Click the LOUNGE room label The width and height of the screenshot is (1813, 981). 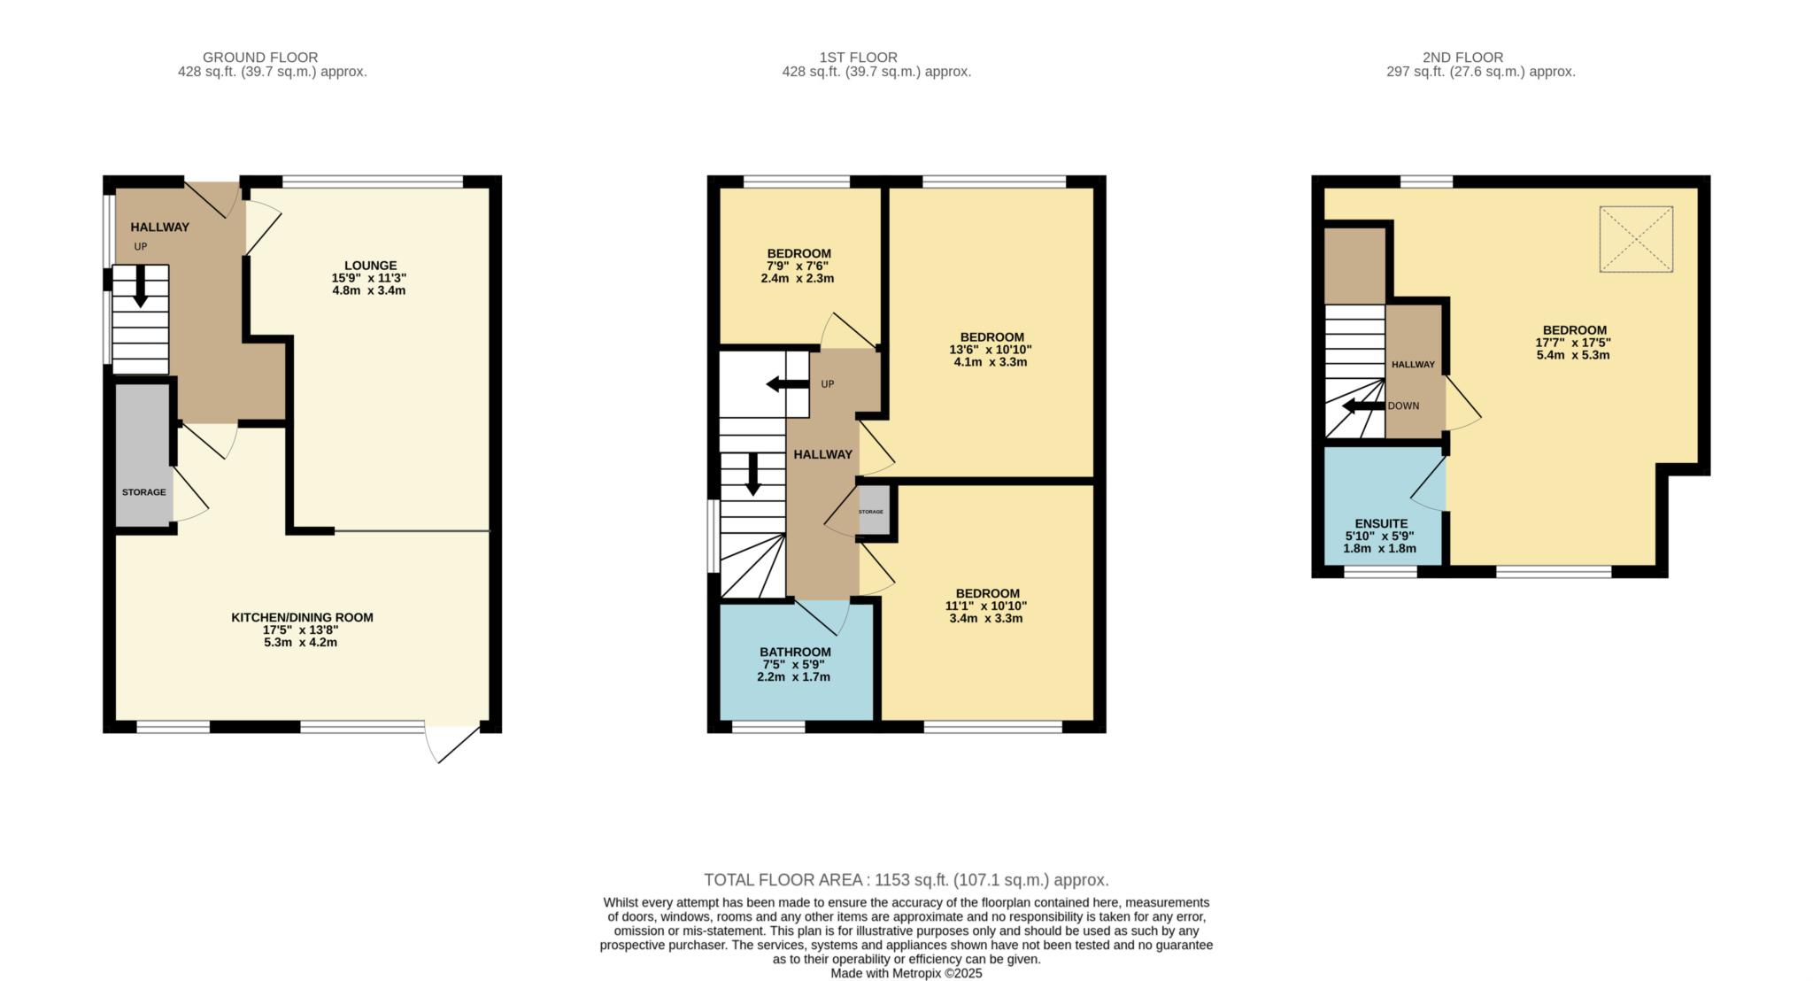[370, 265]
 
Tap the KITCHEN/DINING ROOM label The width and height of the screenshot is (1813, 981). [302, 617]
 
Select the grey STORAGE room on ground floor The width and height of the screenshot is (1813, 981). [143, 456]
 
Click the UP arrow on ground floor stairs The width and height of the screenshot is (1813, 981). [140, 289]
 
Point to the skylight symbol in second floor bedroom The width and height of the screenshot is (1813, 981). [1636, 239]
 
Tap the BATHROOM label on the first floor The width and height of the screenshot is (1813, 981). [795, 652]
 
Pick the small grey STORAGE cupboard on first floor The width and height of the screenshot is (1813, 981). [873, 512]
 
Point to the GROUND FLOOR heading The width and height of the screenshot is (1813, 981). [260, 58]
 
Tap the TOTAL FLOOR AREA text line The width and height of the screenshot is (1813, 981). [906, 880]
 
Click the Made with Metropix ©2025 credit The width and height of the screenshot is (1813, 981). [906, 973]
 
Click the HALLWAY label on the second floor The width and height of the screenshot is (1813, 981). [1413, 364]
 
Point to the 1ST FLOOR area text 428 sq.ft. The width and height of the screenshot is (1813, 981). [876, 72]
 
